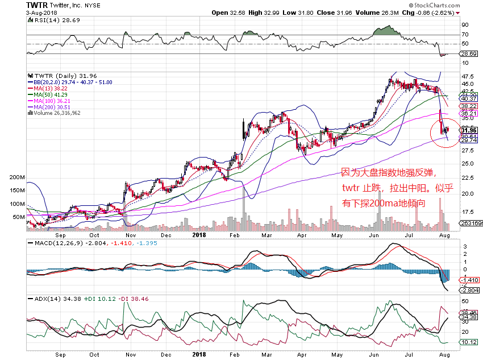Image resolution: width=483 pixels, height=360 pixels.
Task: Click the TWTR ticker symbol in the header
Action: click(x=37, y=5)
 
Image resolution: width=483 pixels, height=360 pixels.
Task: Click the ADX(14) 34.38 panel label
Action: click(x=44, y=298)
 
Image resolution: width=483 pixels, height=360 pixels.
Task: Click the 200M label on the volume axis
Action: click(x=17, y=177)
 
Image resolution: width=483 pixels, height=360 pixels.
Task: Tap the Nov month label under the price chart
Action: click(x=131, y=234)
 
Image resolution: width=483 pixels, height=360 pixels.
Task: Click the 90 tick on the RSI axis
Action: click(x=464, y=25)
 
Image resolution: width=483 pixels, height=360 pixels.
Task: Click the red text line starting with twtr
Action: click(x=389, y=187)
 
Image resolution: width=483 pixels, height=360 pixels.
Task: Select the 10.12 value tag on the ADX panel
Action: click(x=469, y=342)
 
